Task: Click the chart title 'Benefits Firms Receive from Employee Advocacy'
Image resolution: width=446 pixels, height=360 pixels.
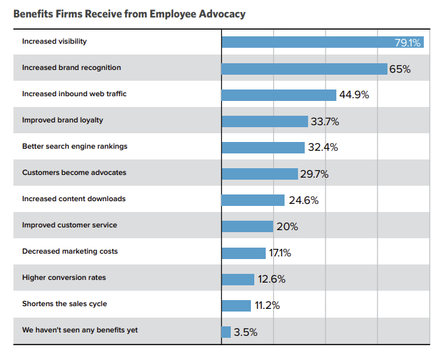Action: pos(129,13)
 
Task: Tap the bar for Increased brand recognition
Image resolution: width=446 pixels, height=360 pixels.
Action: pos(304,69)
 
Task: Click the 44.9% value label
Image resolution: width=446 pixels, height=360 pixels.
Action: pos(354,95)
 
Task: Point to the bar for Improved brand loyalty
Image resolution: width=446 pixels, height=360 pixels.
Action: pos(265,121)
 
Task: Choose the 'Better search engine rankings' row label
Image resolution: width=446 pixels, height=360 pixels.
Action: pos(74,146)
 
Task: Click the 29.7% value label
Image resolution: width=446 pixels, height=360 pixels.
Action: pos(314,174)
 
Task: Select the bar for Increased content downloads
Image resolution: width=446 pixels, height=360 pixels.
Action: pos(253,200)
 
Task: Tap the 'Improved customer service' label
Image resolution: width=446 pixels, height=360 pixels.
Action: pos(69,225)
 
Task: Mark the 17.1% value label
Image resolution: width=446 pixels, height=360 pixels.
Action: pos(281,253)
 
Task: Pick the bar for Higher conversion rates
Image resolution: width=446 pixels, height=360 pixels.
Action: pos(238,279)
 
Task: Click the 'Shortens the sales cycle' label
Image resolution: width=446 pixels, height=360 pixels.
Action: pos(64,303)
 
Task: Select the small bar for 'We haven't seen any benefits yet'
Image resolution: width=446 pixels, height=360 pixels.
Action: pos(226,332)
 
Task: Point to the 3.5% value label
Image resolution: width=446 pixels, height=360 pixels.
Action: pos(246,332)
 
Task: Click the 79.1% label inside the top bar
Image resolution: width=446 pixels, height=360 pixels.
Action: pos(407,42)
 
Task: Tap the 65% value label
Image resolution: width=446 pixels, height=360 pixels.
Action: pos(400,69)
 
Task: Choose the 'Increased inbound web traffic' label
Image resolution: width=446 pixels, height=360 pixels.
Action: pos(74,94)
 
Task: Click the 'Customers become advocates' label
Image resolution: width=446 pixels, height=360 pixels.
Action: pos(74,172)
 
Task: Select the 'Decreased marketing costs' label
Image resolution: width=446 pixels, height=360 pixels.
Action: pos(69,251)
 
